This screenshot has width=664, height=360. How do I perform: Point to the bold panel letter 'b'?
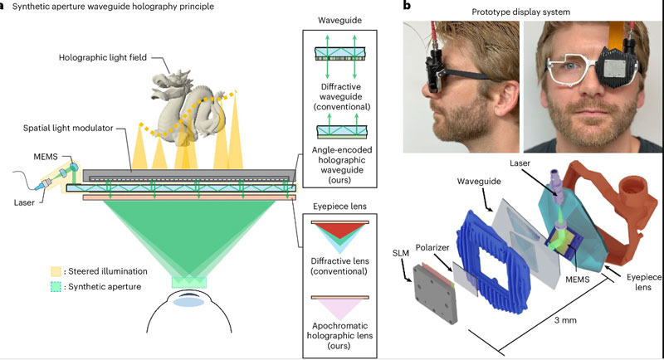click(406, 7)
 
